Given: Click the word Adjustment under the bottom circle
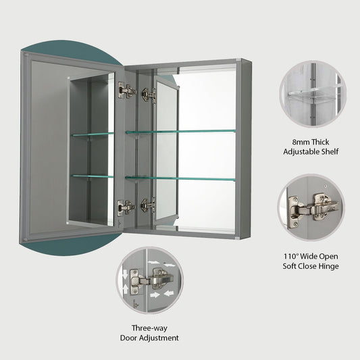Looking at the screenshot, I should pyautogui.click(x=160, y=337).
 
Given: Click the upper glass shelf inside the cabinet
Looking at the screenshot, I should pyautogui.click(x=180, y=131).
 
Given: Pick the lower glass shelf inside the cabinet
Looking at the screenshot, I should pyautogui.click(x=180, y=178).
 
